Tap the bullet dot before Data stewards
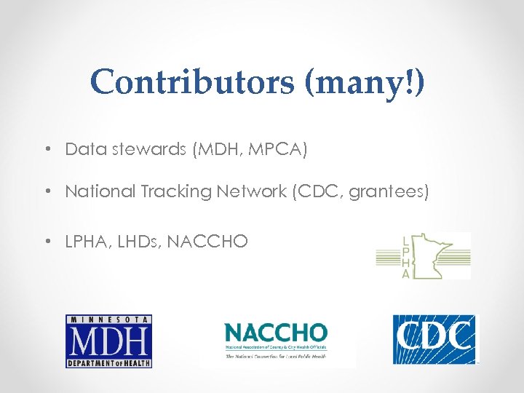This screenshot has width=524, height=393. coord(46,151)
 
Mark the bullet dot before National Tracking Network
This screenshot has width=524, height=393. coord(46,192)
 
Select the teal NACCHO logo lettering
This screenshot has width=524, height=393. coord(276,335)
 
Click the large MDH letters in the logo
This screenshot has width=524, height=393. coord(108,341)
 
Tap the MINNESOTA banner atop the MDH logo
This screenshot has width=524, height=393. coord(108,319)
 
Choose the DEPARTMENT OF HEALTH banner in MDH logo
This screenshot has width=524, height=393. coord(108,362)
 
